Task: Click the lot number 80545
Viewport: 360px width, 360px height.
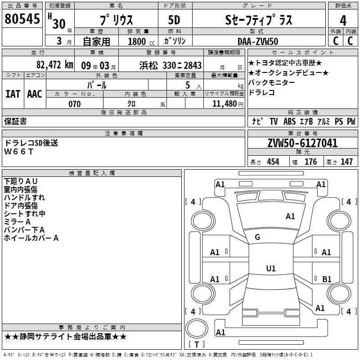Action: (x=22, y=19)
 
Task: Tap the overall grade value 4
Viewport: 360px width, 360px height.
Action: (x=343, y=21)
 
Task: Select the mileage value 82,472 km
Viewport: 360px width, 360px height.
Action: (x=54, y=65)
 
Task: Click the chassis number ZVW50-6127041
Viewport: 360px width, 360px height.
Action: (x=302, y=143)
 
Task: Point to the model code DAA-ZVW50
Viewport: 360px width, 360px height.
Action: (x=258, y=41)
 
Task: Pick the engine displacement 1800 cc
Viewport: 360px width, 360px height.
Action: (x=141, y=41)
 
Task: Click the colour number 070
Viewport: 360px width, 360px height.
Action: (x=75, y=104)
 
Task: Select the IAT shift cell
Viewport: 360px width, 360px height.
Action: (x=13, y=94)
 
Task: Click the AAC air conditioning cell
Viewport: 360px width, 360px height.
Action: (x=35, y=94)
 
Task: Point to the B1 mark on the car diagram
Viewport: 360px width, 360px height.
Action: (x=327, y=279)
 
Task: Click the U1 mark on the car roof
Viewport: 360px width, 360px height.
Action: (x=271, y=268)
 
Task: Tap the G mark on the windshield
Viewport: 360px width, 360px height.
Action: (x=257, y=237)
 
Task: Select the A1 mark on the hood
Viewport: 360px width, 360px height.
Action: (x=290, y=216)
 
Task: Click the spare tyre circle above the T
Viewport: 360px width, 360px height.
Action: (x=197, y=328)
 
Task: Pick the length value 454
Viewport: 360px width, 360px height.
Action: (x=273, y=162)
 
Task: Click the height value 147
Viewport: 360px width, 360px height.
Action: (x=346, y=162)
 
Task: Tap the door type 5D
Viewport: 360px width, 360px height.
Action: (x=174, y=20)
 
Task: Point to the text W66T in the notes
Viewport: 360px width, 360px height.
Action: (x=19, y=152)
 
